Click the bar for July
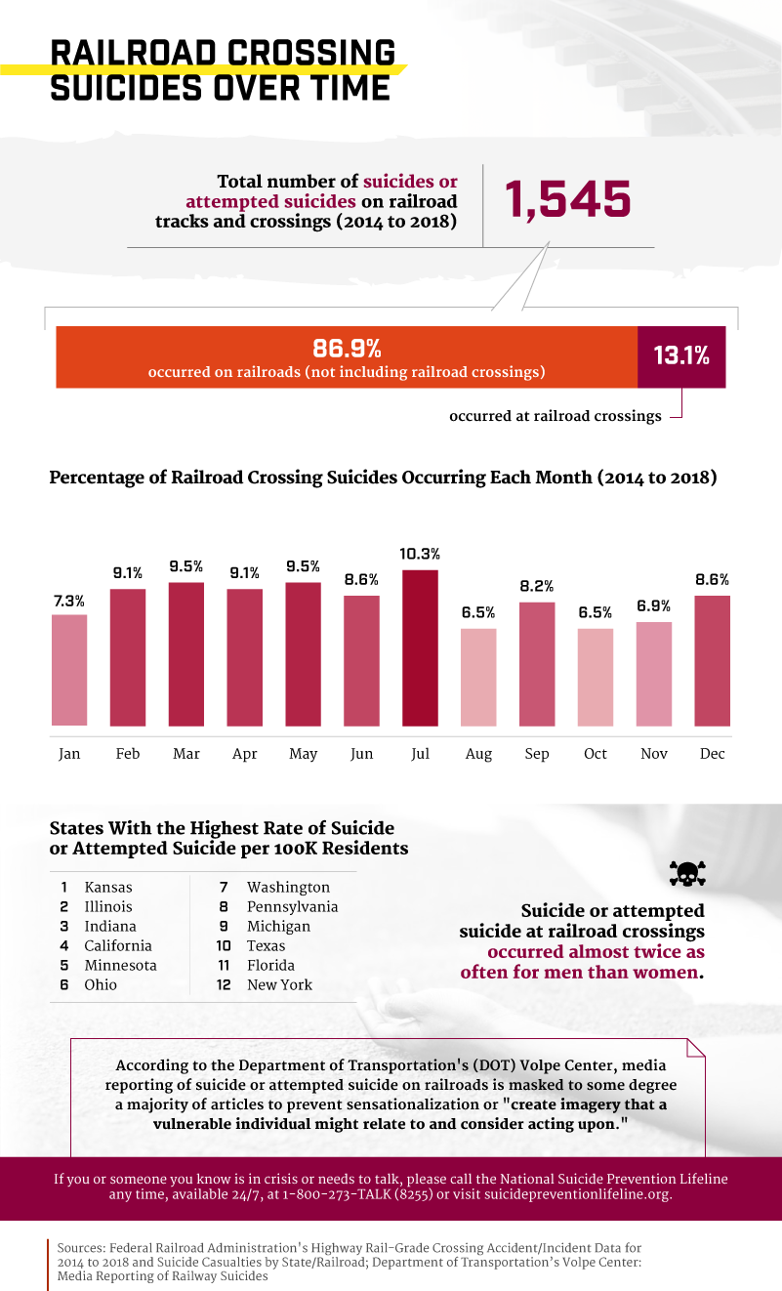coord(420,647)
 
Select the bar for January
coord(69,670)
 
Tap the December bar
coord(712,660)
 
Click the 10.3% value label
coord(420,554)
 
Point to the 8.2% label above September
coord(537,586)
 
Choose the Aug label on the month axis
coord(478,754)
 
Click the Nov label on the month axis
coord(654,754)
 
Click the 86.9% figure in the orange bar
coord(347,348)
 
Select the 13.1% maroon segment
coord(681,356)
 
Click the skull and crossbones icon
coord(686,873)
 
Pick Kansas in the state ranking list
coord(108,888)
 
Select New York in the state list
coord(280,985)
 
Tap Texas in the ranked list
coord(267,946)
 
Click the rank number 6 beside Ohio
coord(63,985)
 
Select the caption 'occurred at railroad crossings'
coord(555,416)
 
